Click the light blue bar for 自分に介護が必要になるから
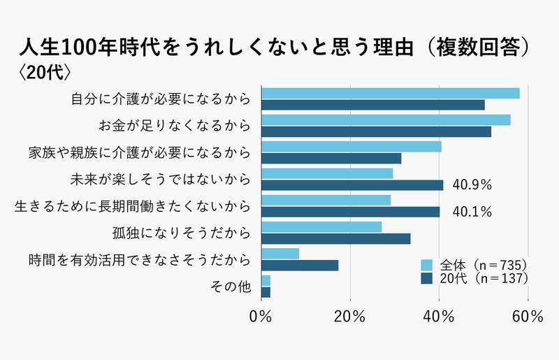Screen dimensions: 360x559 pos(390,94)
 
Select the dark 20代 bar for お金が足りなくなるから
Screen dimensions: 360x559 pos(376,131)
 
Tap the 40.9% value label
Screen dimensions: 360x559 pos(473,185)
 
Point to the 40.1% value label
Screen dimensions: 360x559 pos(473,212)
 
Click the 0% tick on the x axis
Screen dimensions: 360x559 pos(261,317)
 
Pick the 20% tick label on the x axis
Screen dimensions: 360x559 pos(350,317)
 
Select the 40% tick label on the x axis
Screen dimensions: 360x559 pos(439,317)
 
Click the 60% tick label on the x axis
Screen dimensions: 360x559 pos(528,317)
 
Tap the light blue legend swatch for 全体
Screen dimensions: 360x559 pos(426,265)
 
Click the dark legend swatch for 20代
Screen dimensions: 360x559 pos(426,278)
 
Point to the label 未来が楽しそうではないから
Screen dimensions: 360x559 pos(161,179)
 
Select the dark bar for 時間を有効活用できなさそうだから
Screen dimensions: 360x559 pos(300,266)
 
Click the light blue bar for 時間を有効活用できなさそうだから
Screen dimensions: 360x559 pos(280,254)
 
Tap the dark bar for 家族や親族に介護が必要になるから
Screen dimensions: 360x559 pos(331,158)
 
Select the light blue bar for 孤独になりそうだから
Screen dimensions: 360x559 pos(321,227)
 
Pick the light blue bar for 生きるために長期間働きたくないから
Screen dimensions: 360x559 pos(326,201)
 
